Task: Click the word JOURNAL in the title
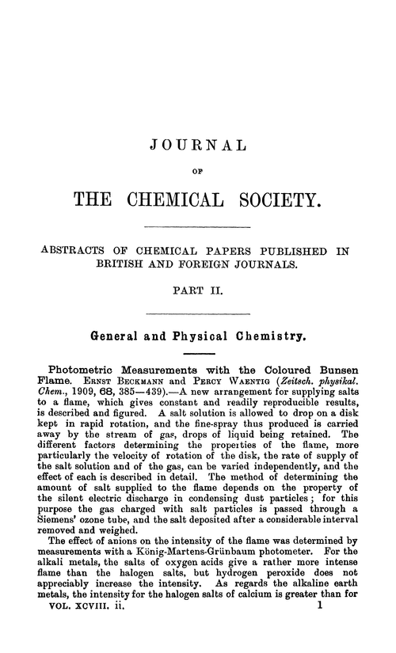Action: (x=198, y=146)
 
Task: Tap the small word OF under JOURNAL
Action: (x=198, y=167)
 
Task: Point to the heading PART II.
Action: (x=198, y=291)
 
